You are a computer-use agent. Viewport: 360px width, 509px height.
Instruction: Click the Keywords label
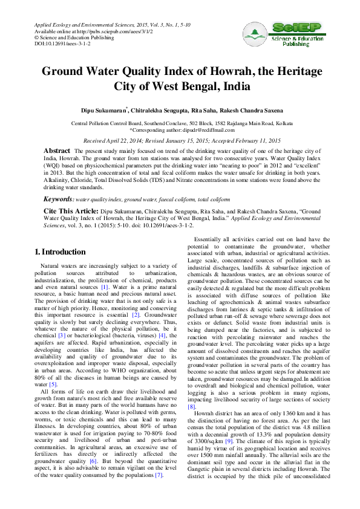[x=58, y=199]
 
